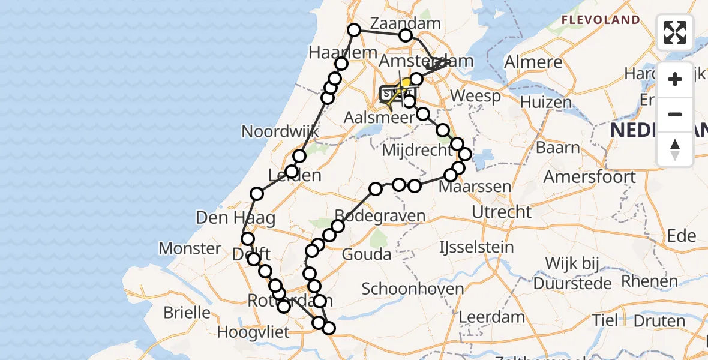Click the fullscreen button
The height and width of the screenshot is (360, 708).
pyautogui.click(x=675, y=32)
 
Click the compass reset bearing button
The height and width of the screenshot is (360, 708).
pyautogui.click(x=675, y=149)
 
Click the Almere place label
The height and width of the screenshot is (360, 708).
pyautogui.click(x=533, y=62)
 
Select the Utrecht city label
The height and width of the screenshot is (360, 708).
pyautogui.click(x=502, y=211)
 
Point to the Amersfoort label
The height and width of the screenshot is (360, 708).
pyautogui.click(x=589, y=177)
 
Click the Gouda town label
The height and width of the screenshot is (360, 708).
pyautogui.click(x=366, y=254)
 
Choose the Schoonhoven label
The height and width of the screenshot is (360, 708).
pyautogui.click(x=413, y=289)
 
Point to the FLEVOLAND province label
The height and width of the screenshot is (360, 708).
pyautogui.click(x=601, y=20)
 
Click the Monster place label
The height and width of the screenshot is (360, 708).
pyautogui.click(x=190, y=248)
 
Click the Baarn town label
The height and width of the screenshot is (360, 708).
pyautogui.click(x=558, y=147)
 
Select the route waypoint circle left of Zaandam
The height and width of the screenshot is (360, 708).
pyautogui.click(x=354, y=29)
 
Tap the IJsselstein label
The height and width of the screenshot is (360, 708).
pyautogui.click(x=476, y=247)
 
